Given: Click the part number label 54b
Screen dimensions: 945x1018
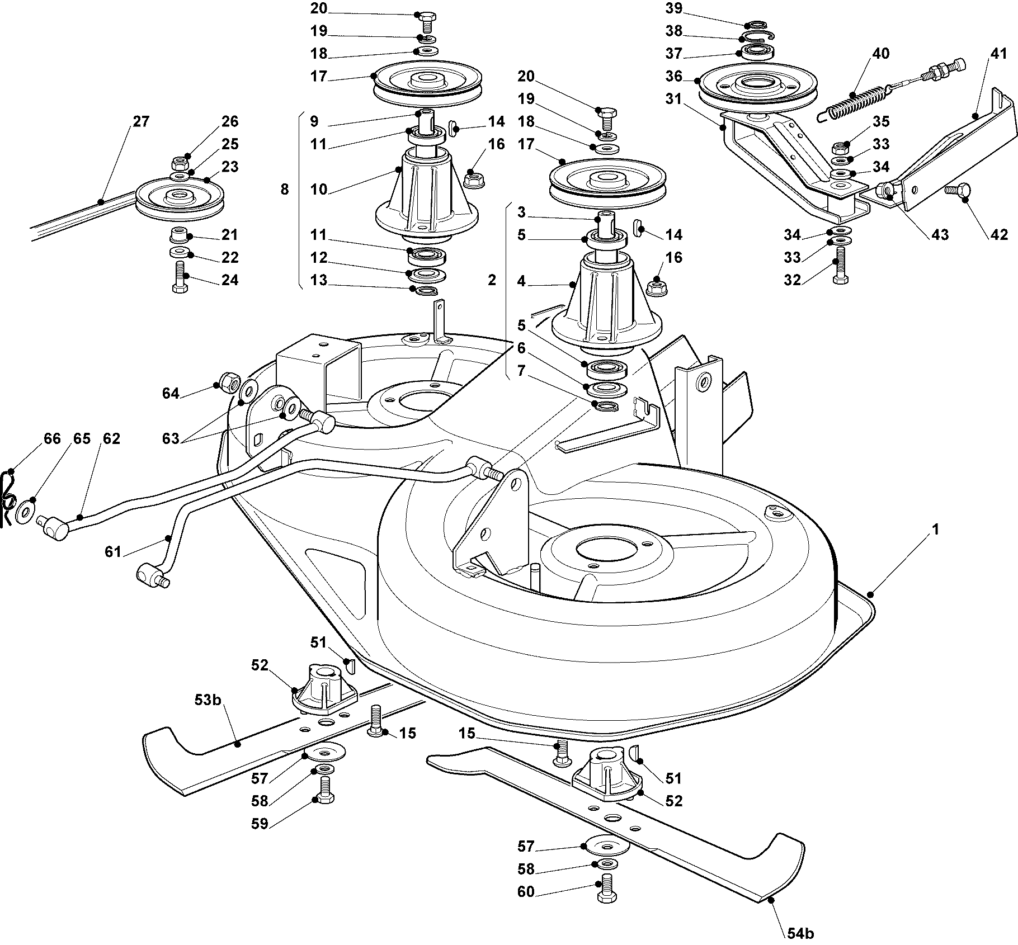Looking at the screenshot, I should pyautogui.click(x=800, y=933).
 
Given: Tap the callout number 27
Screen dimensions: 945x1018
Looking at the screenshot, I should pyautogui.click(x=141, y=121).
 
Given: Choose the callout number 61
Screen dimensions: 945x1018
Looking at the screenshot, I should pyautogui.click(x=112, y=552).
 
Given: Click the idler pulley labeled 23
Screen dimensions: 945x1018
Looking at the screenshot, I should pyautogui.click(x=179, y=199).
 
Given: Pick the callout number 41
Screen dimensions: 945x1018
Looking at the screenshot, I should pyautogui.click(x=998, y=54).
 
